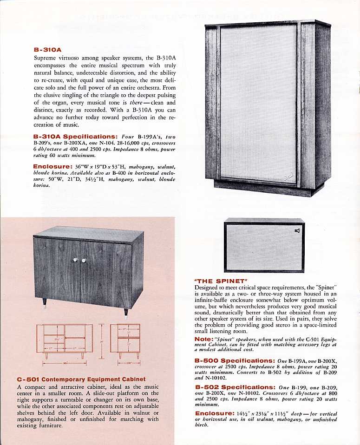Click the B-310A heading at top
tap(48, 49)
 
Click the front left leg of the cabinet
tap(46, 306)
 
